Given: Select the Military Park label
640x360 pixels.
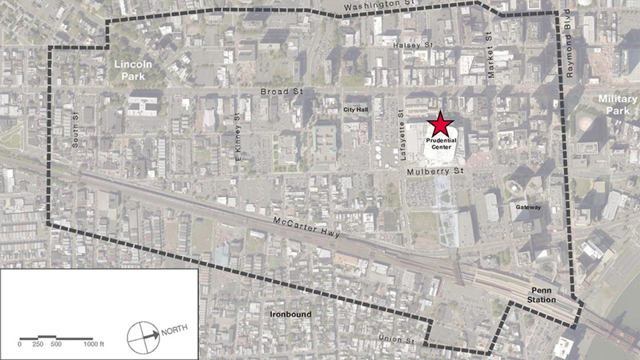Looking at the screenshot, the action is (x=617, y=104).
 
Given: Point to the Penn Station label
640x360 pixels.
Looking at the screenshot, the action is (x=541, y=295).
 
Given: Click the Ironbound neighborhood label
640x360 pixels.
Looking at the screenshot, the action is (x=290, y=314).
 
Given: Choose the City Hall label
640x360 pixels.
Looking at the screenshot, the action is (x=355, y=109).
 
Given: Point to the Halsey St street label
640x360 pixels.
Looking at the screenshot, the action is (x=412, y=45).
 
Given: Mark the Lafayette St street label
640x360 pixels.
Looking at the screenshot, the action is (x=402, y=135).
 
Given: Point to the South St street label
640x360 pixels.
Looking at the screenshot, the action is (x=75, y=131).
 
